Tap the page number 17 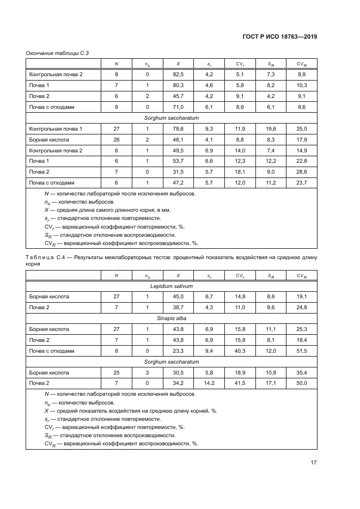click(x=314, y=463)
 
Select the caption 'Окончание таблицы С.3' click(x=57, y=53)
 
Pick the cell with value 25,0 click(x=301, y=128)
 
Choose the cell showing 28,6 click(x=301, y=172)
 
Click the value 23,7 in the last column click(x=301, y=183)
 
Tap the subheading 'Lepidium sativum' click(x=172, y=286)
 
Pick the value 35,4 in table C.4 click(x=301, y=373)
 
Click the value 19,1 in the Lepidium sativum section click(x=301, y=297)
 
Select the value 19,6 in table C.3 click(x=271, y=128)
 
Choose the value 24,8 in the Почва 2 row click(x=301, y=308)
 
